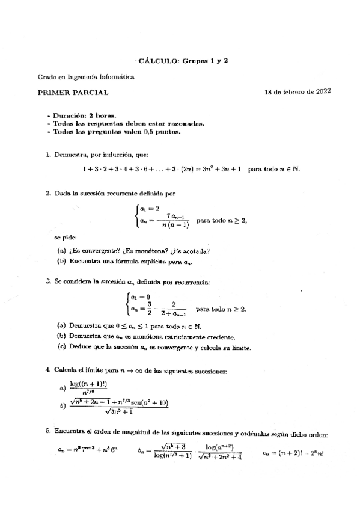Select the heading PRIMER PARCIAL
click(73, 92)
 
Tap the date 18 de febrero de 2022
click(297, 92)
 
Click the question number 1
click(47, 155)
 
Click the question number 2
click(47, 194)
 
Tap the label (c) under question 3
click(62, 347)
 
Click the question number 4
click(47, 371)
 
